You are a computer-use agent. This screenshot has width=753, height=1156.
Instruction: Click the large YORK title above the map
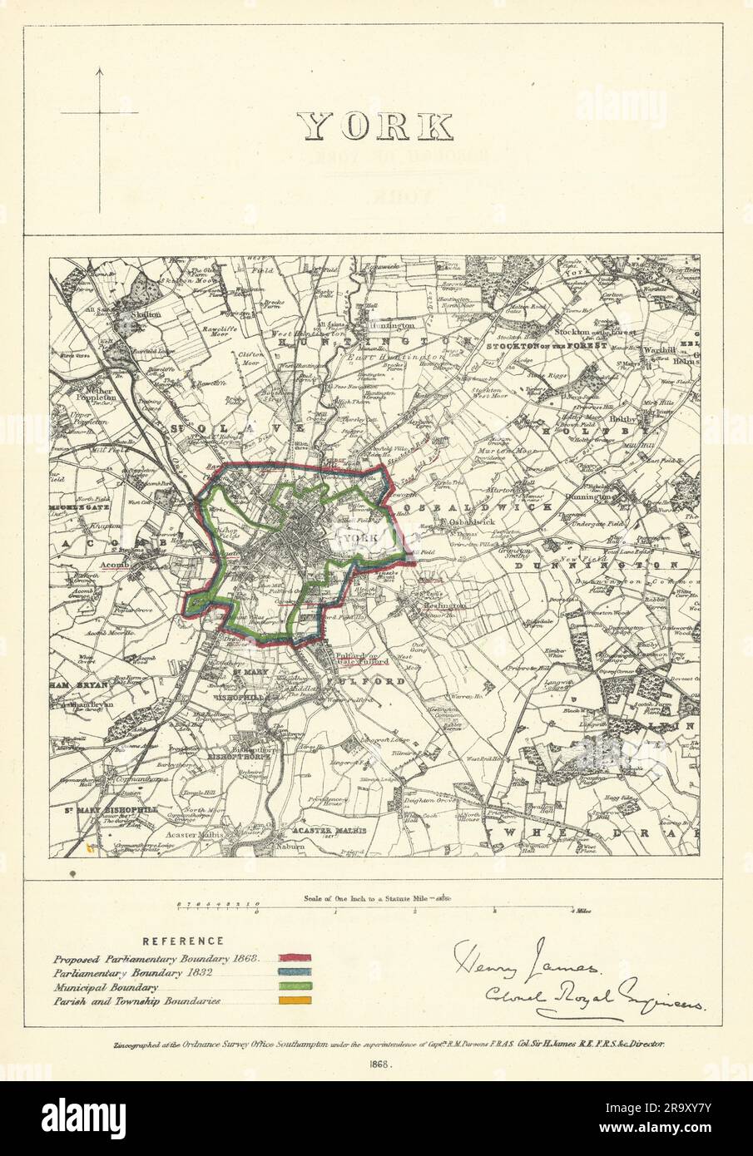(x=376, y=126)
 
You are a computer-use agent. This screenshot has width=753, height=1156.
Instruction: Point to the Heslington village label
(x=446, y=607)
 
